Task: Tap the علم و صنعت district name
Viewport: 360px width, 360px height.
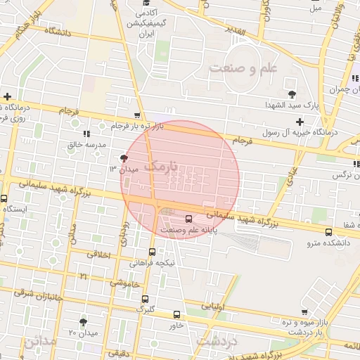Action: tap(243, 67)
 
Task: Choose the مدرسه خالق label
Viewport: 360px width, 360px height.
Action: tap(86, 144)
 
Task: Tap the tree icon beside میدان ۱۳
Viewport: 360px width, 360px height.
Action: tap(124, 158)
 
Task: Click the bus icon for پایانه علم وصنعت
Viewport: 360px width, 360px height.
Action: tap(188, 218)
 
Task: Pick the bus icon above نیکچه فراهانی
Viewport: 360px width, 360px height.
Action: tap(152, 252)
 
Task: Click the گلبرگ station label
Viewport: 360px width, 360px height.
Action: tap(144, 308)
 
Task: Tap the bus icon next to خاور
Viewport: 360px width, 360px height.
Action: tap(176, 314)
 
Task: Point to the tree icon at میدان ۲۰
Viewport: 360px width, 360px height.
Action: tap(84, 321)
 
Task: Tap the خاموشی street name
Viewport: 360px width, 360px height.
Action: tap(124, 283)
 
